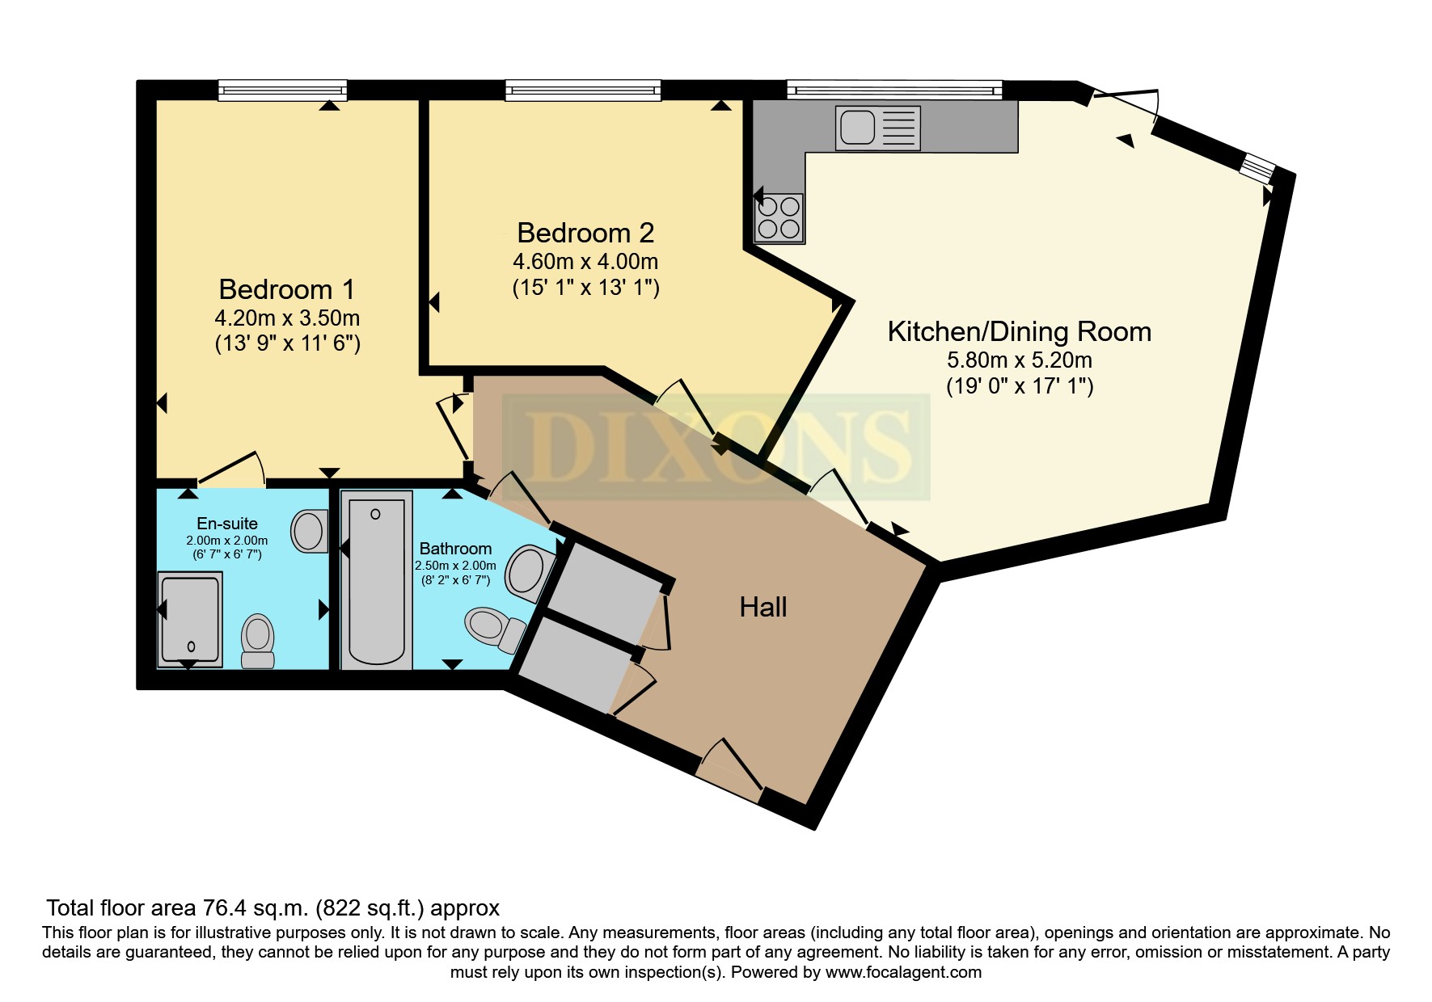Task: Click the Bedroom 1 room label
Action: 287,289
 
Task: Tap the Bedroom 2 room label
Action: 585,233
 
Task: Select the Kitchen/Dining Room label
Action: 1020,331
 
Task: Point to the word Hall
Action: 763,608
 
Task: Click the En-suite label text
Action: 227,524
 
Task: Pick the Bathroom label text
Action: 455,549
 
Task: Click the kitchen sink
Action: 879,128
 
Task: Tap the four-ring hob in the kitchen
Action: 779,218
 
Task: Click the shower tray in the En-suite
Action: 190,619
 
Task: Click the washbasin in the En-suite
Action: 309,531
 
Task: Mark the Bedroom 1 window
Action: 282,90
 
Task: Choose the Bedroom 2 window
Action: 583,90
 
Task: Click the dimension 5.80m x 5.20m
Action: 1020,360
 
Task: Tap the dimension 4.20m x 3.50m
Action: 287,317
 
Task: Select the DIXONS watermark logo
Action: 716,447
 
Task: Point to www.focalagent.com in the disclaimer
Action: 903,972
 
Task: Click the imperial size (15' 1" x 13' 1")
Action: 586,288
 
